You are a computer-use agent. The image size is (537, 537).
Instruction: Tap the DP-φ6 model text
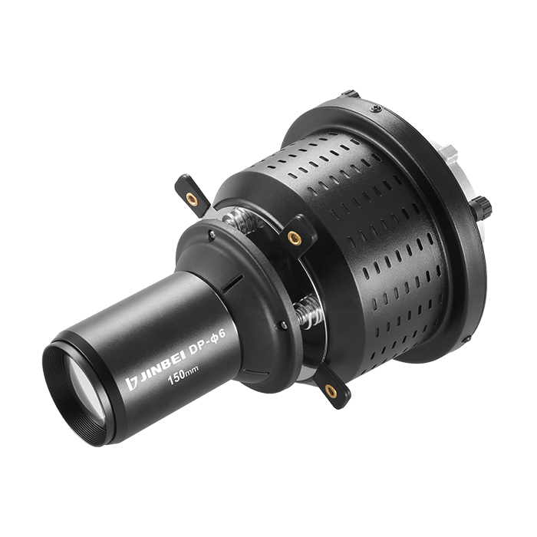click(208, 343)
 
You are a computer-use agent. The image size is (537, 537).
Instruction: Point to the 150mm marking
click(183, 375)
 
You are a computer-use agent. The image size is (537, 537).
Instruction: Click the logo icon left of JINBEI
click(131, 384)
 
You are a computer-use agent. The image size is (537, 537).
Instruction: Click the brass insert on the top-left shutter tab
click(192, 199)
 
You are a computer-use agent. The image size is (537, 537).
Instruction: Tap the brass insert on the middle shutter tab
click(294, 238)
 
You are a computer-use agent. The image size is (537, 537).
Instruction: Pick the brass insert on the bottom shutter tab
click(331, 390)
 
